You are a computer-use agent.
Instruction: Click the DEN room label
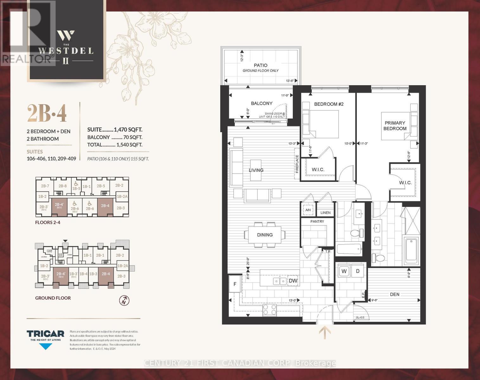tap(394, 294)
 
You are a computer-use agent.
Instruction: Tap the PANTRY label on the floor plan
tap(317, 221)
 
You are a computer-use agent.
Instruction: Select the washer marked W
tap(344, 271)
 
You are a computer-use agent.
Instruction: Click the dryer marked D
tap(358, 271)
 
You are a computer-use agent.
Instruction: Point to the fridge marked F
tap(235, 284)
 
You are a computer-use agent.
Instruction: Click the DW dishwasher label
tap(293, 281)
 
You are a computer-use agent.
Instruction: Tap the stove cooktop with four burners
tap(270, 309)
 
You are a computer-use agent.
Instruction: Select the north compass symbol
tap(124, 301)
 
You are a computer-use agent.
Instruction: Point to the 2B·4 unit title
tap(47, 114)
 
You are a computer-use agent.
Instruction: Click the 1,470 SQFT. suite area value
tap(128, 130)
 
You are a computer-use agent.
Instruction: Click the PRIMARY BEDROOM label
tap(395, 126)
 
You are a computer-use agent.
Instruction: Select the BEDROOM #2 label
tap(329, 104)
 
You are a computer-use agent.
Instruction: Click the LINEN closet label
tap(325, 213)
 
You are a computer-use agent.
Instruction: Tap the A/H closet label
tap(307, 210)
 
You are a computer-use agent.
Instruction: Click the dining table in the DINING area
tap(265, 235)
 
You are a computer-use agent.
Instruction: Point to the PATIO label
tap(260, 65)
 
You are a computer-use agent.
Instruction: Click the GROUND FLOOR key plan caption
tap(53, 298)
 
